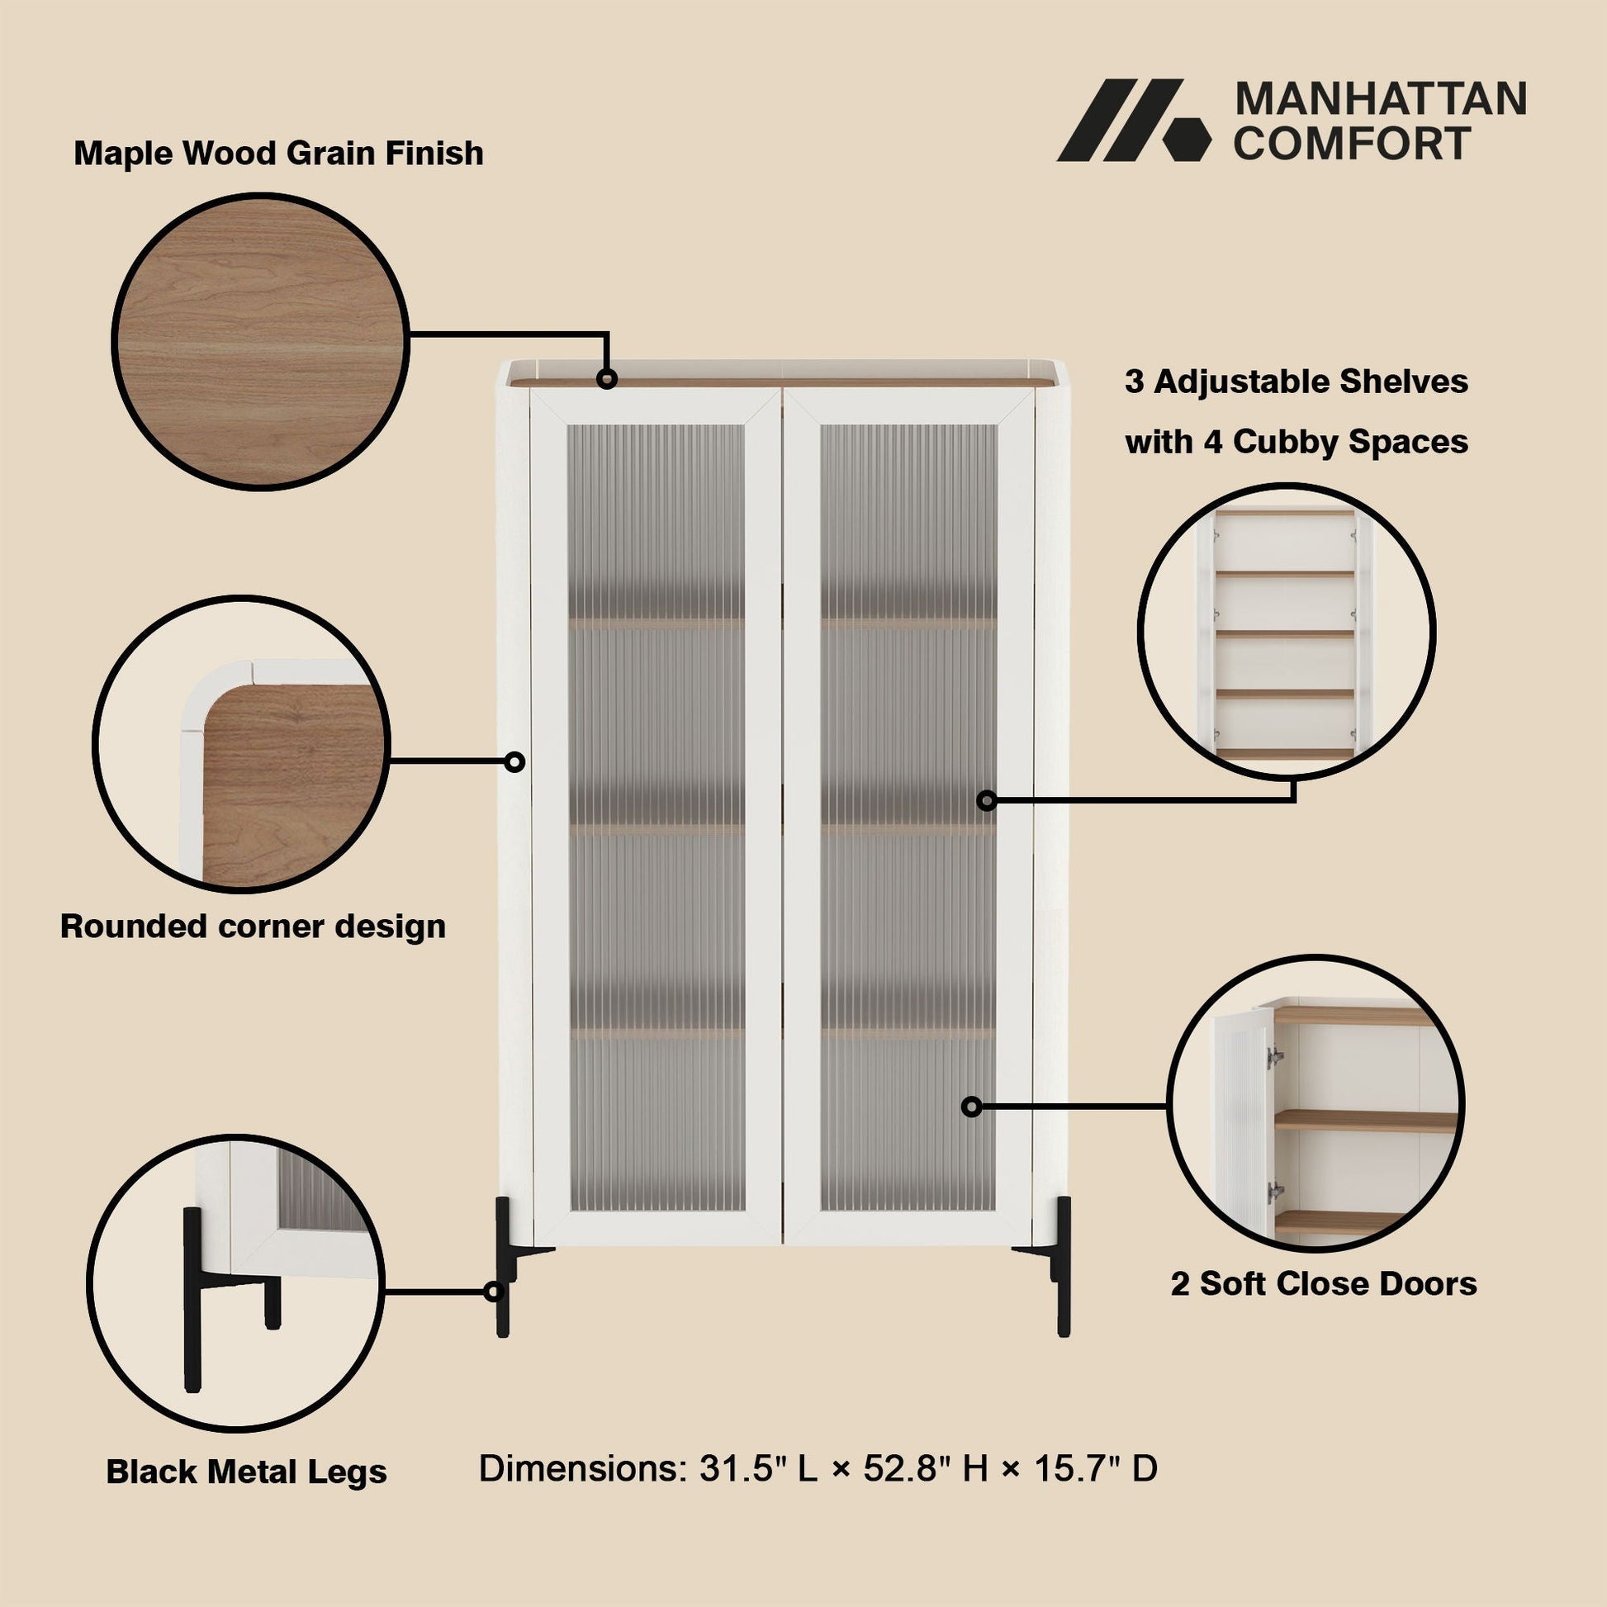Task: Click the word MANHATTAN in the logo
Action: [1380, 99]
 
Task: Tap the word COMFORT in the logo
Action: [1353, 143]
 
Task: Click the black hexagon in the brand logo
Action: [1185, 137]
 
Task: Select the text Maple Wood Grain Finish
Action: [278, 154]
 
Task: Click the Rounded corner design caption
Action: [253, 926]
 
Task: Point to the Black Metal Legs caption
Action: [246, 1472]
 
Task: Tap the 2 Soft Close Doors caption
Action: [1324, 1283]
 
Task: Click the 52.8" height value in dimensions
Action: [907, 1467]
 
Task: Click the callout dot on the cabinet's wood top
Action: [607, 379]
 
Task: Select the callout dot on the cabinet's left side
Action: [514, 761]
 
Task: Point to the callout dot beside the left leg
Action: [494, 1292]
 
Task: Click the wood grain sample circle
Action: [260, 342]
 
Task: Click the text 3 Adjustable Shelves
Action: [1297, 382]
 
